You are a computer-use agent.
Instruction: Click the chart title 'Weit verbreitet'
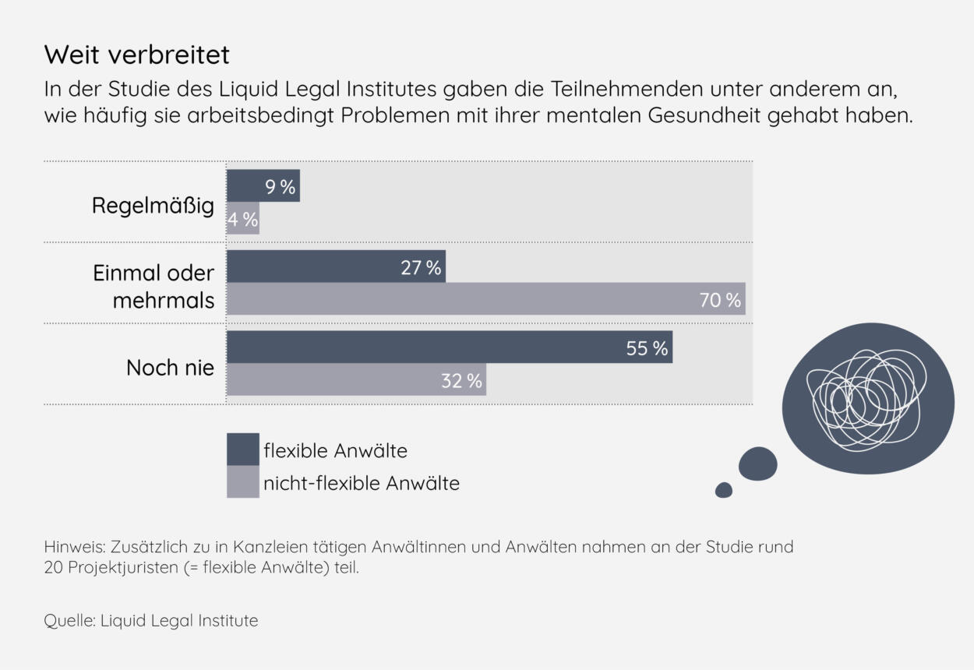tap(137, 55)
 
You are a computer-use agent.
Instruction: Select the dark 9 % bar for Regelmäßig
tap(263, 186)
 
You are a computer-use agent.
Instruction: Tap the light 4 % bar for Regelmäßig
tap(242, 219)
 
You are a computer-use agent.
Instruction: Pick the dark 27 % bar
tap(335, 266)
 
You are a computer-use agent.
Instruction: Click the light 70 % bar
tap(485, 299)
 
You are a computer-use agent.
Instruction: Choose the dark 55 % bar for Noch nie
tap(449, 347)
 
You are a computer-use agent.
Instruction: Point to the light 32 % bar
tap(355, 380)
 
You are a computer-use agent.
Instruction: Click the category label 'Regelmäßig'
tap(153, 206)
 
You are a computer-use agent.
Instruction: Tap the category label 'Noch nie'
tap(170, 368)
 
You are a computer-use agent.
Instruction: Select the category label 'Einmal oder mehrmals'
tap(154, 287)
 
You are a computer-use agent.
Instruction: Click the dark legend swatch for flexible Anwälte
tap(242, 450)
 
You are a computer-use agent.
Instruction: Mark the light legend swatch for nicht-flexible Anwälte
tap(242, 482)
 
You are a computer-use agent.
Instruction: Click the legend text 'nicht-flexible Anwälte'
tap(362, 483)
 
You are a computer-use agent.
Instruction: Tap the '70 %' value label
tap(720, 300)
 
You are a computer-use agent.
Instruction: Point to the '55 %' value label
tap(647, 348)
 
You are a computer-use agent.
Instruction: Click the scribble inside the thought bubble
tap(867, 398)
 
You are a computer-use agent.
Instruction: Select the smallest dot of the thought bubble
tap(724, 490)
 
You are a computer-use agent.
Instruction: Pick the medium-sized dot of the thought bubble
tap(757, 464)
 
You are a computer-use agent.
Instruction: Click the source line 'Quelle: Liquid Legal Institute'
tap(151, 621)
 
